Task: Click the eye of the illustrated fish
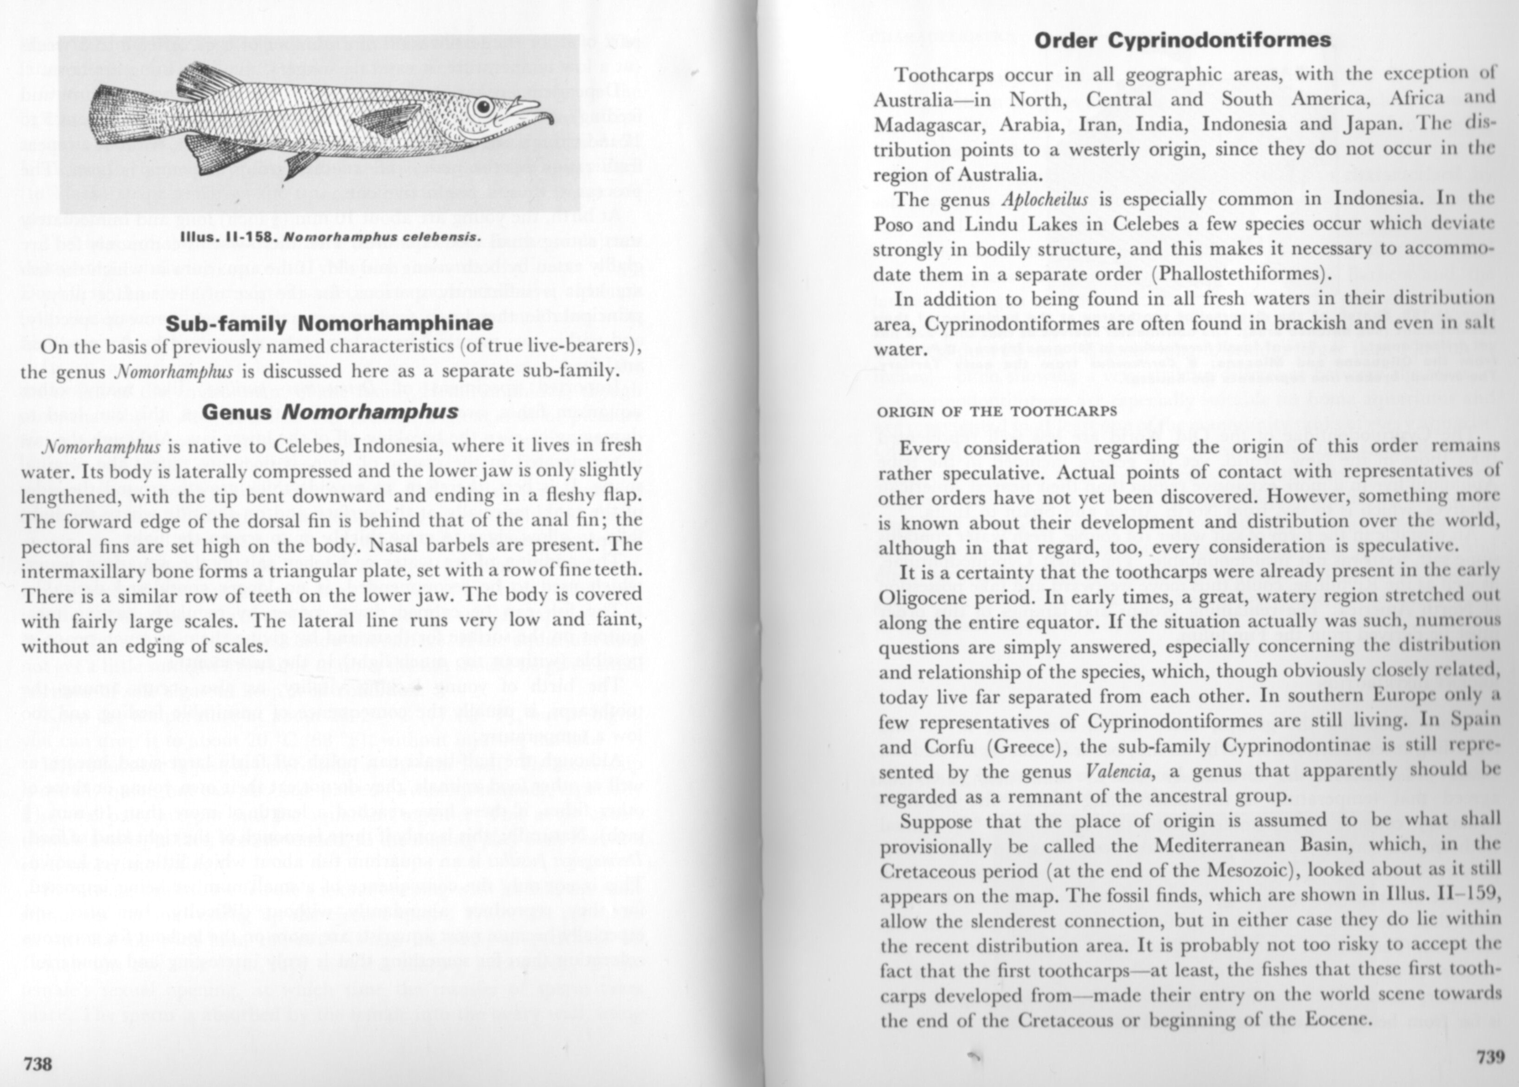coord(483,107)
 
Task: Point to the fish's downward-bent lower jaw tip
coord(550,121)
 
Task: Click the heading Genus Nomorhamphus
coord(330,412)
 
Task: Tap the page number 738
coord(38,1063)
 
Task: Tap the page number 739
coord(1489,1057)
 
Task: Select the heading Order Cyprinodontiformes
coord(1183,40)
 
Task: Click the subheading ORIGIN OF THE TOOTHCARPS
coord(997,411)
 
